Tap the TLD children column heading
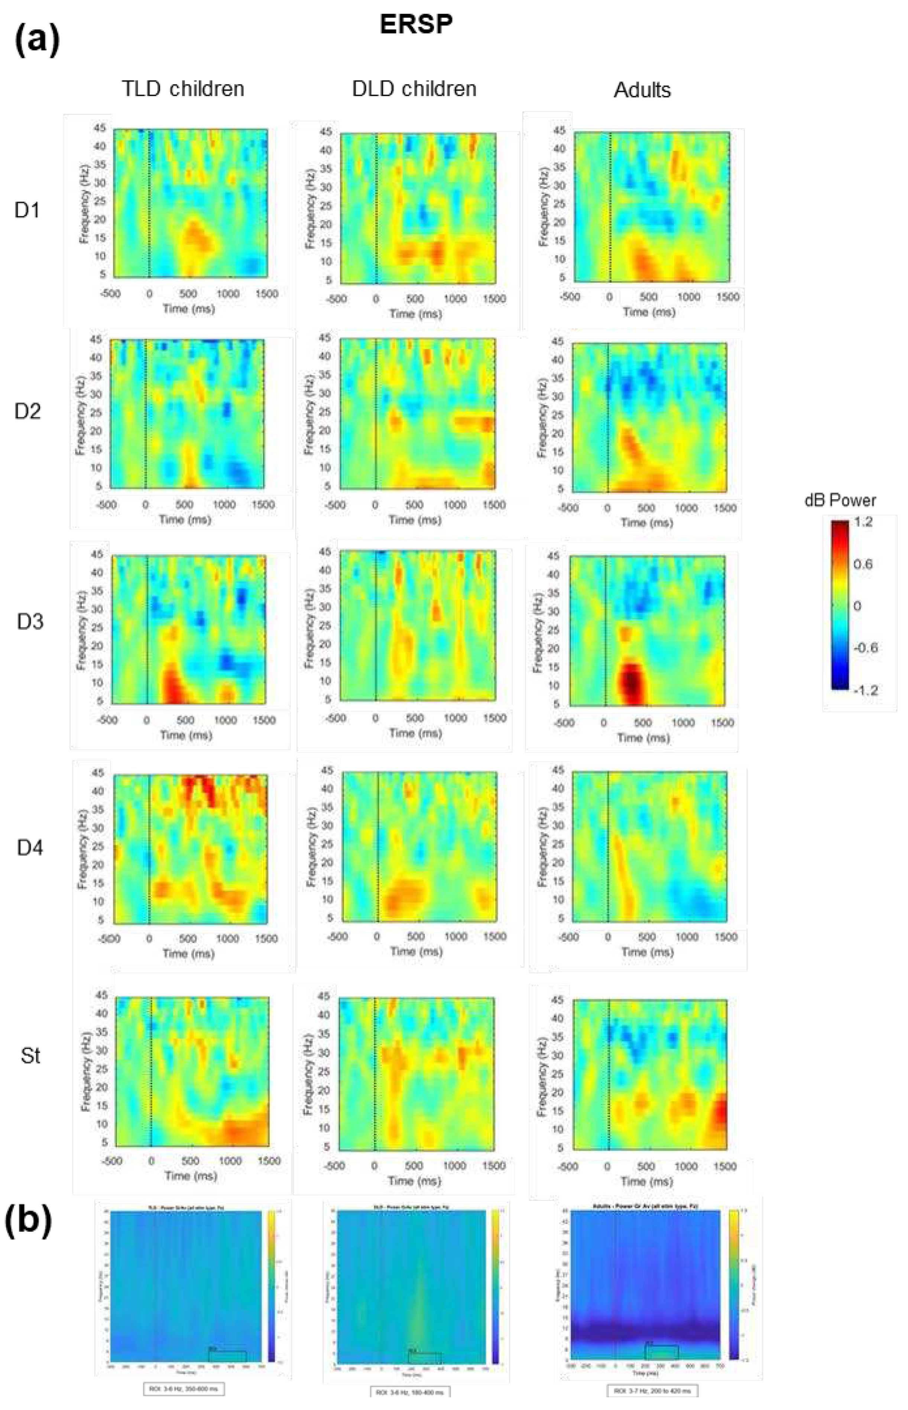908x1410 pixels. pos(183,88)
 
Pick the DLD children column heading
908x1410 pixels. pos(414,88)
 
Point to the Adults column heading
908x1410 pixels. pos(642,90)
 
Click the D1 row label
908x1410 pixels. pos(27,210)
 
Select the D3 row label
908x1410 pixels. pos(29,621)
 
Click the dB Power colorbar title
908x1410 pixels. pos(840,501)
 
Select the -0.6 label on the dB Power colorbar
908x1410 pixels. pos(865,647)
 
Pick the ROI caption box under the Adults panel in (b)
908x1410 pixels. pos(652,1391)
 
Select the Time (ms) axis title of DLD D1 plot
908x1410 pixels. pos(415,314)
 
